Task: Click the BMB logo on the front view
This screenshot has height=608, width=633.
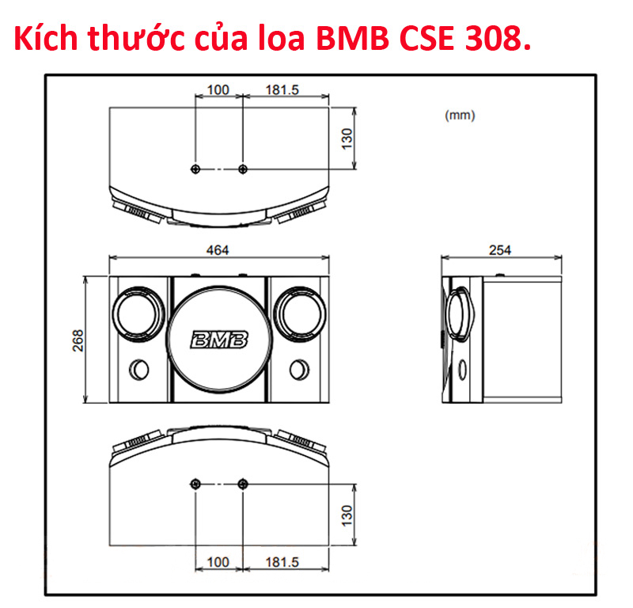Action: click(219, 340)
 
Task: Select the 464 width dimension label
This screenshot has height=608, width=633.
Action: click(218, 250)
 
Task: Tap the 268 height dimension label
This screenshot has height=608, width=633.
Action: click(78, 340)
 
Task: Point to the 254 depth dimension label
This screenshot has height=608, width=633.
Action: click(500, 250)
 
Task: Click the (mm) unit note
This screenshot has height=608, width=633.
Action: click(460, 116)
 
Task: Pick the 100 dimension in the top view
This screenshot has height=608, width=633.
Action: click(218, 90)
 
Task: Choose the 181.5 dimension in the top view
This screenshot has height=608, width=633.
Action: click(282, 90)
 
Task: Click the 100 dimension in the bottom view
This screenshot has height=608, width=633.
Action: click(218, 562)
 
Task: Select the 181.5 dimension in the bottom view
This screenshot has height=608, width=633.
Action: click(282, 562)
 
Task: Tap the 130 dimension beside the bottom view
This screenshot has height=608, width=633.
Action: click(346, 516)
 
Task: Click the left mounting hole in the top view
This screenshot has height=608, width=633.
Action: click(195, 169)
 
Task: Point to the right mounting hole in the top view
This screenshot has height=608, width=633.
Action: click(242, 169)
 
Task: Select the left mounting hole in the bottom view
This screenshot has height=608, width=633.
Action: click(195, 483)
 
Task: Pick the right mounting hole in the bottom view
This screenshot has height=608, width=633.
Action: click(242, 483)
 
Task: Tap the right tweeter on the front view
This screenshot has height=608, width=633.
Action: click(298, 313)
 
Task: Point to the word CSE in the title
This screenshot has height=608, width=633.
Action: click(417, 39)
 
